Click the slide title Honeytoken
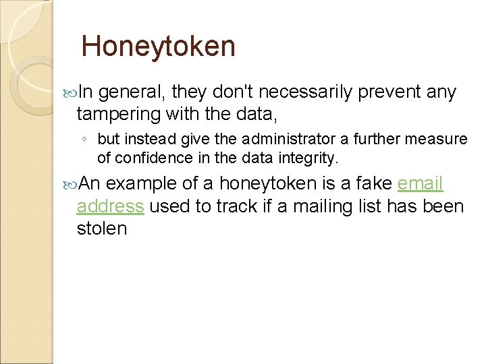tap(158, 47)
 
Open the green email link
tap(420, 183)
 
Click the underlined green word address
tap(110, 206)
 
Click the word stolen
tap(102, 228)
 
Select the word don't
tap(229, 92)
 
